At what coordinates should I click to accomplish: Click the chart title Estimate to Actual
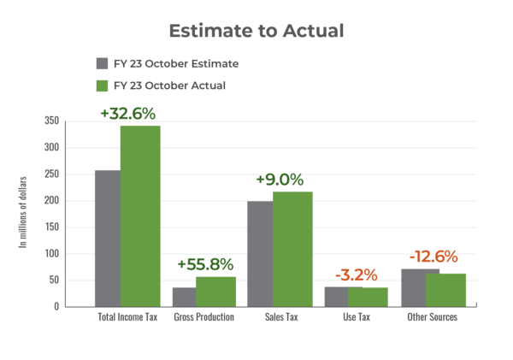256,32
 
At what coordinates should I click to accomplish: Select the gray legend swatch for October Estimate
102,63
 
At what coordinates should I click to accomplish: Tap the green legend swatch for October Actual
102,86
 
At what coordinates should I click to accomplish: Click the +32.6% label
127,113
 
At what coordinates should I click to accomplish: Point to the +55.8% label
205,264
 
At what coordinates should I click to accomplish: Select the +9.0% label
280,180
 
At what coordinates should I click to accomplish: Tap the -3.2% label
356,274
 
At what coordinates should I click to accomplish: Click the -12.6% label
433,257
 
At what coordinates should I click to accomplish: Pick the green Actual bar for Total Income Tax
140,214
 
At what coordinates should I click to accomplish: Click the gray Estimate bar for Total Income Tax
107,237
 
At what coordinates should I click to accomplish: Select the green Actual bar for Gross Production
215,291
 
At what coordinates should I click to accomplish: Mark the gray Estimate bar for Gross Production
183,296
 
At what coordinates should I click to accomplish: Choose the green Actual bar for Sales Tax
292,248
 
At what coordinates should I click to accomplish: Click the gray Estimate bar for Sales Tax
259,253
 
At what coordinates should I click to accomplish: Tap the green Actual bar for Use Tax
369,296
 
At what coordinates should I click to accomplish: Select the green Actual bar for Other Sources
446,289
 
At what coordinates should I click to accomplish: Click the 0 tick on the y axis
56,306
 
